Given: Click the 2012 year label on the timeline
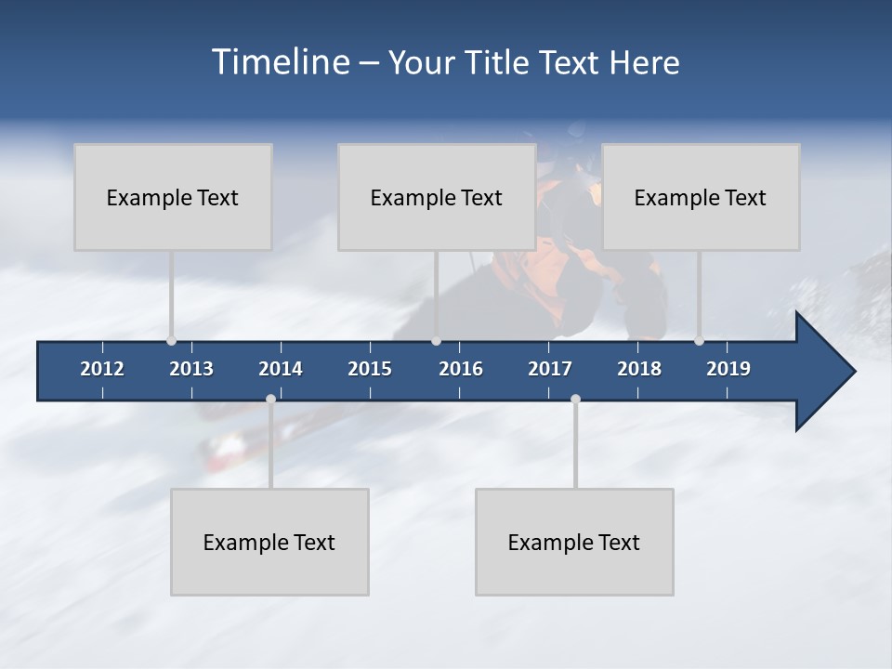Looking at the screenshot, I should [x=102, y=369].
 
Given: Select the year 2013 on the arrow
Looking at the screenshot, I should [x=191, y=369].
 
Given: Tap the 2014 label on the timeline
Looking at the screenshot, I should [x=281, y=369].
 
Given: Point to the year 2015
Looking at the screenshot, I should [x=370, y=369].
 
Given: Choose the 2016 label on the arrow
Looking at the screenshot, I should [x=461, y=369].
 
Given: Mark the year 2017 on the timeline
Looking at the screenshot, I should [x=550, y=369].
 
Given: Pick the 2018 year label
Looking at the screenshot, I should [x=639, y=369].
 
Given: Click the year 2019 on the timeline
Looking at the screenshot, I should [x=728, y=369].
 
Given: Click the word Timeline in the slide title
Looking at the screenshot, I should [x=279, y=62].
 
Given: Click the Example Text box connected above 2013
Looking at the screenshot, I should [x=173, y=197].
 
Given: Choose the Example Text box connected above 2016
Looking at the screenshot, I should [x=437, y=197].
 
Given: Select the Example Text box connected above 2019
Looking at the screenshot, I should [x=701, y=197].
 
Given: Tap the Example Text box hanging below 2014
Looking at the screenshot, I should [x=269, y=542].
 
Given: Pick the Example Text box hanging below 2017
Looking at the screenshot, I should [x=574, y=542].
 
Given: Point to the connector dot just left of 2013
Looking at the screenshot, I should [x=171, y=341].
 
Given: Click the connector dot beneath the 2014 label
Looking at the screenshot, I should [x=270, y=399].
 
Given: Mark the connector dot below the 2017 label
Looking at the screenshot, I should [x=575, y=399].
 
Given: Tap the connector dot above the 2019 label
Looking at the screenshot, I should [x=699, y=341].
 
